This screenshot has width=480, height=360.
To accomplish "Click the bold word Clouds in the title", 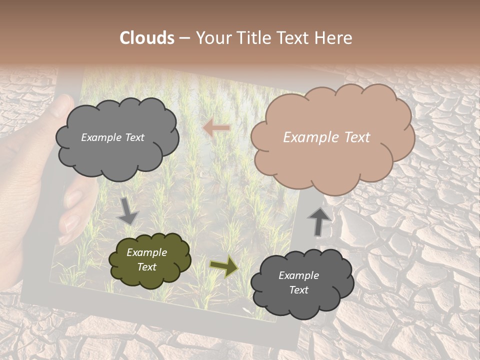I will pos(147,38).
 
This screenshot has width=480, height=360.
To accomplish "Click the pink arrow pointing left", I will pos(216,128).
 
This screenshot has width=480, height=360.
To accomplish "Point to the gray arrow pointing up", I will pos(318,220).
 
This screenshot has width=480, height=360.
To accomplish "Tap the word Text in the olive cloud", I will pos(147,267).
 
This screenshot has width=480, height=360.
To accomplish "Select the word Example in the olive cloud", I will pos(147,252).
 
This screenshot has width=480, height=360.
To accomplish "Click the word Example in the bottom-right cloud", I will pos(298,275).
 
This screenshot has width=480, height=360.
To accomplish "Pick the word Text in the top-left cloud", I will pos(134,137).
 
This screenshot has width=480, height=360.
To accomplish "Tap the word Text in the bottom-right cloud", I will pos(298,290).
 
